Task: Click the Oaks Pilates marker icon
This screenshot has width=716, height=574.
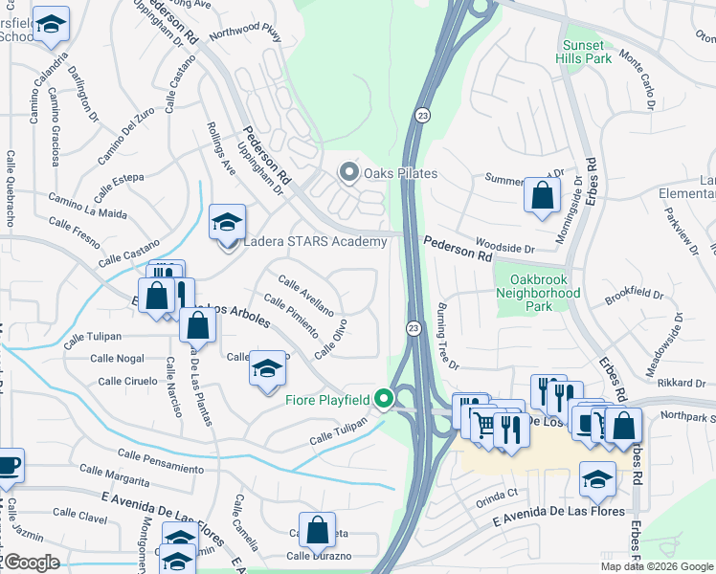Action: pos(349,173)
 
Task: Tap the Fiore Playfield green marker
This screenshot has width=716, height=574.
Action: pos(385,397)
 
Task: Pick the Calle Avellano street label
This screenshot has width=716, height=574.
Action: pos(305,296)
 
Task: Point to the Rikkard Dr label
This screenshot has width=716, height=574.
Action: pos(682,383)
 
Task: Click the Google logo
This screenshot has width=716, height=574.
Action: pos(32,562)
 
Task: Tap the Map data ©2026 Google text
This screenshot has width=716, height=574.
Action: pos(657,566)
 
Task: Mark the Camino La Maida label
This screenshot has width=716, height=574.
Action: pos(87,207)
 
